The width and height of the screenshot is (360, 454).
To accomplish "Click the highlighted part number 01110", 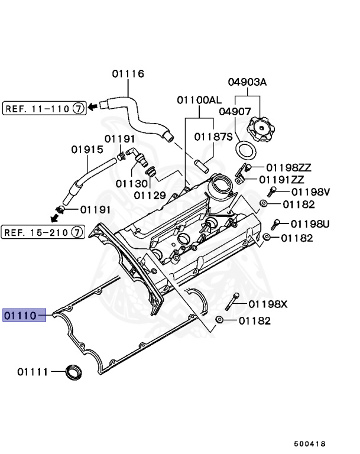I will [21, 316].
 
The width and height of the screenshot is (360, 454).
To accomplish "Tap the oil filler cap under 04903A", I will [262, 128].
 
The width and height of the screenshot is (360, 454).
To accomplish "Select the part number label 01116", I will [128, 74].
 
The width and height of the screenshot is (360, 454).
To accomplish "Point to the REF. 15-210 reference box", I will [42, 232].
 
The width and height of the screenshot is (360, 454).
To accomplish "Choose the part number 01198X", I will [267, 304].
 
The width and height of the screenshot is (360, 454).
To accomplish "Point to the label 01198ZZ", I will [288, 168].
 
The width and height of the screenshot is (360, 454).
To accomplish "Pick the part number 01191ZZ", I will [281, 179].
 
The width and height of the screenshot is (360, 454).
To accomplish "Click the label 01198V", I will [309, 192].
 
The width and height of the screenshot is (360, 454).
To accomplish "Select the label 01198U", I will [310, 224].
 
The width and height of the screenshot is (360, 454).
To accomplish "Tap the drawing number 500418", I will [310, 443].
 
